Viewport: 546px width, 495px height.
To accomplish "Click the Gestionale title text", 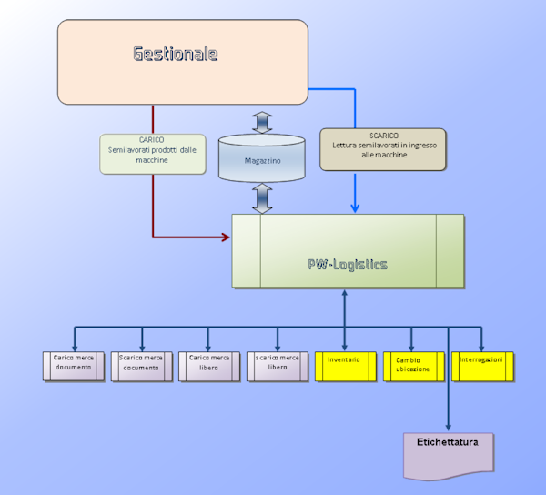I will pyautogui.click(x=176, y=54).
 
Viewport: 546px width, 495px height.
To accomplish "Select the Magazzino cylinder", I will pyautogui.click(x=262, y=158).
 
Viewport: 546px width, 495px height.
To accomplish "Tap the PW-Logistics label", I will pyautogui.click(x=347, y=265).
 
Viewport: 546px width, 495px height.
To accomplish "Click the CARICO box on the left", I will pyautogui.click(x=152, y=154).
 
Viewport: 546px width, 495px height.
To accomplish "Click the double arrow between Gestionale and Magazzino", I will pyautogui.click(x=262, y=120).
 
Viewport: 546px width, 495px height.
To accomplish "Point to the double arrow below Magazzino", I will pyautogui.click(x=262, y=197).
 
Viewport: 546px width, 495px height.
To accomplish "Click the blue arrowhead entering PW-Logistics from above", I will pyautogui.click(x=355, y=208).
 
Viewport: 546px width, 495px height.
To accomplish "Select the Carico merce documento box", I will pyautogui.click(x=75, y=366).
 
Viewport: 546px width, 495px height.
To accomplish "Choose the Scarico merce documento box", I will pyautogui.click(x=142, y=366).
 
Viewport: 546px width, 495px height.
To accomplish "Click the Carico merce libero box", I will pyautogui.click(x=210, y=366).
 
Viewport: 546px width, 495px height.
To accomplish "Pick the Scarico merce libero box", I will pyautogui.click(x=278, y=366).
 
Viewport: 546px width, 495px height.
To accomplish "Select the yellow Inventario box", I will pyautogui.click(x=345, y=366).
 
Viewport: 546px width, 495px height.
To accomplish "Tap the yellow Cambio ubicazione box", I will pyautogui.click(x=412, y=366).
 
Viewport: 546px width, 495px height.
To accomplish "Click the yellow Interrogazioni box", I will pyautogui.click(x=482, y=366).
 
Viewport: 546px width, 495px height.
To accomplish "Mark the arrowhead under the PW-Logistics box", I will pyautogui.click(x=344, y=294).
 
